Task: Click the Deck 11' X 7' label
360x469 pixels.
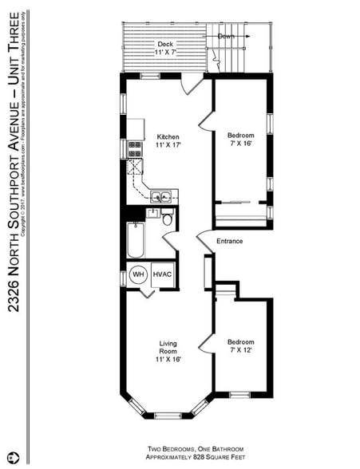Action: coord(165,48)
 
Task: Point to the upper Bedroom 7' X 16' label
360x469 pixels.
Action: coord(241,140)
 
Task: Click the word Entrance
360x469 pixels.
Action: coord(229,241)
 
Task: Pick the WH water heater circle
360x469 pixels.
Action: coord(137,274)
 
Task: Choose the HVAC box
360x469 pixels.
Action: coord(162,274)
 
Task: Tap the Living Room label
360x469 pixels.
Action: coord(167,351)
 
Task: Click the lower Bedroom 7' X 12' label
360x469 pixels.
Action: coord(241,345)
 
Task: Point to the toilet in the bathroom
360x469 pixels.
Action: coord(168,219)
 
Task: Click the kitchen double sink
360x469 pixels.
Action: coord(160,195)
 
